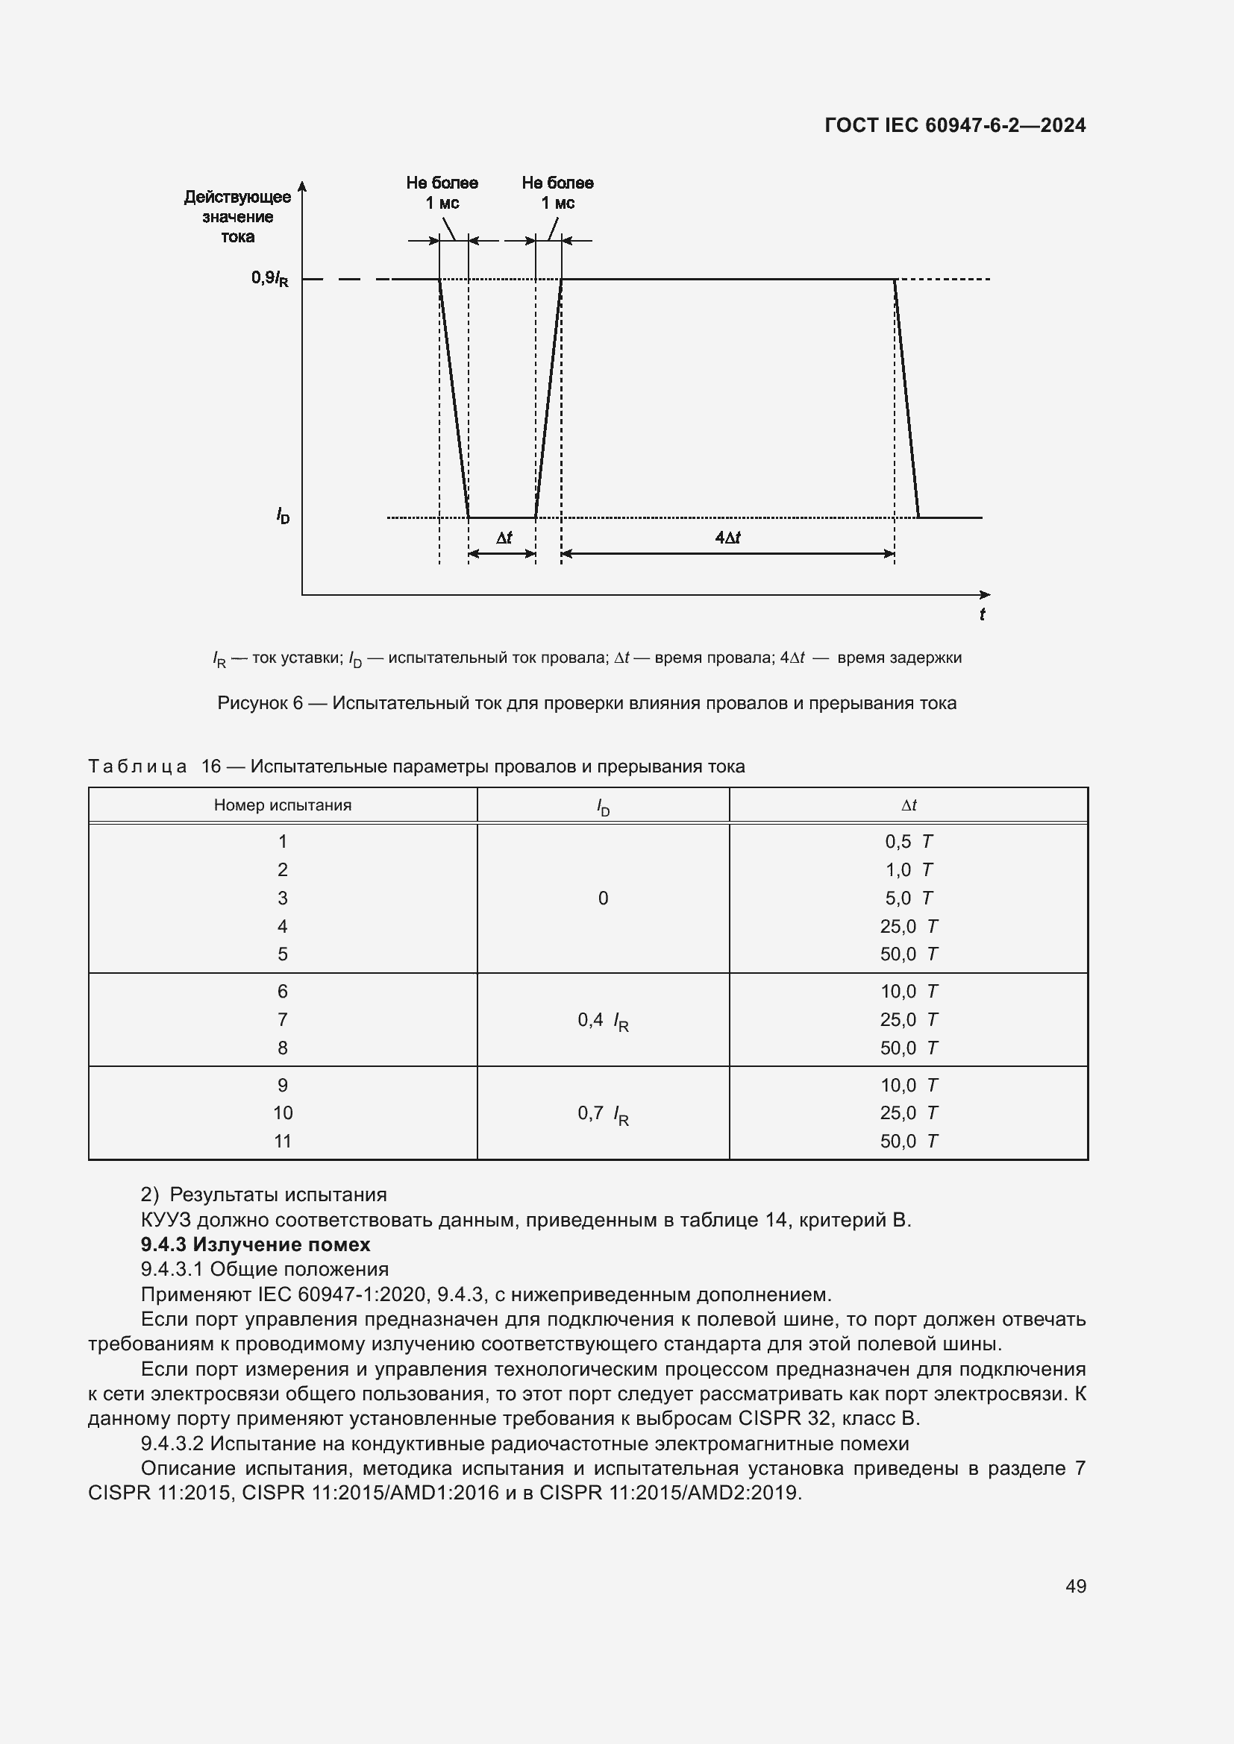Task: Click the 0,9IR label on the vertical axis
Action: point(270,278)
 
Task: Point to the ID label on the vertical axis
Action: point(283,517)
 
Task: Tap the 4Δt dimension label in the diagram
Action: point(727,538)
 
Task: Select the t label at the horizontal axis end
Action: point(982,614)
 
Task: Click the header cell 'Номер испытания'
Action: point(283,805)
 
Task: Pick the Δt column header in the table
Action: point(909,805)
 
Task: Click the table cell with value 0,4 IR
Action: point(603,1021)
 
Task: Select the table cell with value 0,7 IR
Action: point(603,1114)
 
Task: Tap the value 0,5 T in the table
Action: point(909,842)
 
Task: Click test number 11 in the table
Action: point(283,1141)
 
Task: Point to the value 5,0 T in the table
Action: point(909,898)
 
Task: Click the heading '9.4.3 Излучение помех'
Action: point(255,1244)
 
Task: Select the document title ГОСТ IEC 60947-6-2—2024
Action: point(955,125)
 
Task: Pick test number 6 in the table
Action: point(283,991)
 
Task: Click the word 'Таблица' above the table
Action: point(137,766)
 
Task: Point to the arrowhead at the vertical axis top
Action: point(302,186)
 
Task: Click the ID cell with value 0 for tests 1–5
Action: point(603,898)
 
